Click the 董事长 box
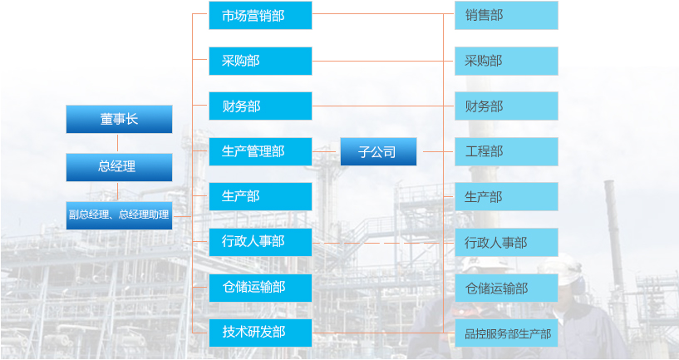[119, 119]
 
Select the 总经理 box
[119, 167]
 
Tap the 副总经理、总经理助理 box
[119, 215]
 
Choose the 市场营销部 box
[260, 16]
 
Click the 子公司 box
[378, 151]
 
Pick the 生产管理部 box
[260, 151]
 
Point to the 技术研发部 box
[260, 333]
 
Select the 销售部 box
[506, 16]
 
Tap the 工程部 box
[506, 151]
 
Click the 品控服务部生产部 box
[506, 333]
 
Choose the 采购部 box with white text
[260, 61]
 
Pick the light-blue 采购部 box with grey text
[506, 61]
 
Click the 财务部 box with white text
[260, 106]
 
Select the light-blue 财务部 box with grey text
[506, 106]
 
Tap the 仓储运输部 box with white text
[260, 288]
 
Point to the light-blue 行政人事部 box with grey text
[506, 242]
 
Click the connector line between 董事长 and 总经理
[118, 143]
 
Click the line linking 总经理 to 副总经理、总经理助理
[118, 191]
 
